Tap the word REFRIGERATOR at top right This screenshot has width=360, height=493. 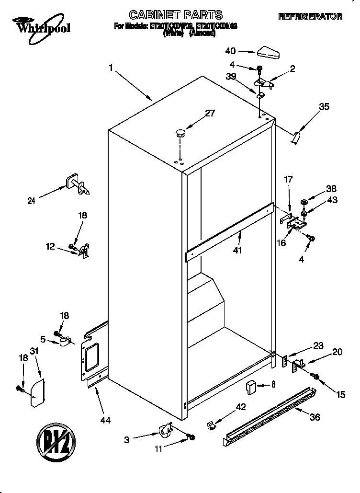pyautogui.click(x=310, y=17)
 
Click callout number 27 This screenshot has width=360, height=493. pyautogui.click(x=210, y=114)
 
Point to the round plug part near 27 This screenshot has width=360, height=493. pyautogui.click(x=180, y=133)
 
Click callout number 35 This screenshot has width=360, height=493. pyautogui.click(x=324, y=107)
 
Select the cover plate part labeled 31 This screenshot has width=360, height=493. pyautogui.click(x=37, y=392)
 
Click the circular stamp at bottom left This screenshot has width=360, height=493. pyautogui.click(x=56, y=440)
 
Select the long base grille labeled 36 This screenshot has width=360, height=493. pyautogui.click(x=270, y=414)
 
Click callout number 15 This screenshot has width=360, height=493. pyautogui.click(x=340, y=395)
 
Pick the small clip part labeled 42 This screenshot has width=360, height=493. pyautogui.click(x=211, y=424)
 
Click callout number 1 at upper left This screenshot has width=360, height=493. pyautogui.click(x=111, y=69)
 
